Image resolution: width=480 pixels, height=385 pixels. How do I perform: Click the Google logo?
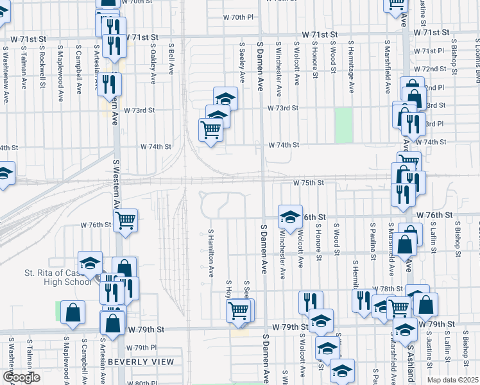(21, 377)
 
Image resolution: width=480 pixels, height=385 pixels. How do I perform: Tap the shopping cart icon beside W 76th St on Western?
(127, 221)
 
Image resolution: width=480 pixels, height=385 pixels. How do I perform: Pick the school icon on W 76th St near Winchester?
(290, 217)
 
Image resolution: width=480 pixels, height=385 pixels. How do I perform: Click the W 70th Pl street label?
(239, 17)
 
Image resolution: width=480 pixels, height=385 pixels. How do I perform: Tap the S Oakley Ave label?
(153, 63)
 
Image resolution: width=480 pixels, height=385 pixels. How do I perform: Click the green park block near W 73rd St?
(344, 125)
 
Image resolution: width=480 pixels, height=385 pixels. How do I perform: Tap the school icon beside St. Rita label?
(90, 262)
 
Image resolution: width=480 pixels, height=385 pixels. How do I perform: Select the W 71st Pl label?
(429, 51)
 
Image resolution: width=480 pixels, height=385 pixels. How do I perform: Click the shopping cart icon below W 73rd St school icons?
(210, 131)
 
